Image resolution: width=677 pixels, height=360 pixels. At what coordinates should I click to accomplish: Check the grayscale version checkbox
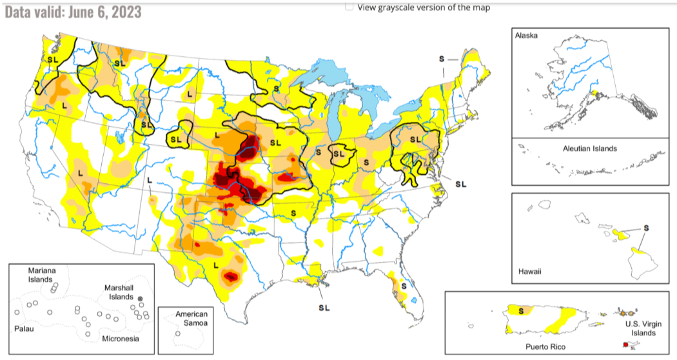(349, 7)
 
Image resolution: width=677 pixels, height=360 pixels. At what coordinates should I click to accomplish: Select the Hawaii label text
(530, 272)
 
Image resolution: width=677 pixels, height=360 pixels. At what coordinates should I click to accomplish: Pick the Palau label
(24, 328)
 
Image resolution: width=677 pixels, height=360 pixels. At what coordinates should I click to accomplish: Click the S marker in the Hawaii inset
(646, 228)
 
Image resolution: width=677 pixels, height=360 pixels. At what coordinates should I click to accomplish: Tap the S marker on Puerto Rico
(520, 310)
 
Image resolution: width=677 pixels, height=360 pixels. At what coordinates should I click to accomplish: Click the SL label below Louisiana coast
(324, 307)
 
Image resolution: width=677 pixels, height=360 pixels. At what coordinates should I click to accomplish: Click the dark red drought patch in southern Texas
(230, 277)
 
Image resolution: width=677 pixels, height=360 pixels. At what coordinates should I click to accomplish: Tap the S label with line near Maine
(442, 59)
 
